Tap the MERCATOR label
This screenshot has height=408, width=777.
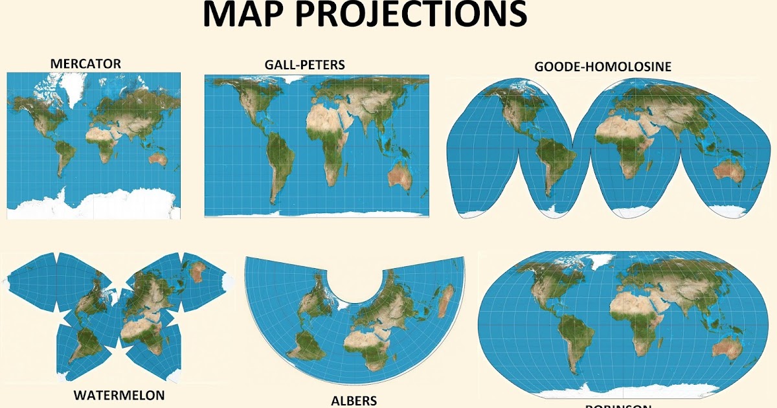click(85, 63)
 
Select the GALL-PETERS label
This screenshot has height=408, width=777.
click(304, 65)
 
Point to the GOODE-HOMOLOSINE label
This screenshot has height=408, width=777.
click(603, 67)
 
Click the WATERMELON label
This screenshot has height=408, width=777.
click(119, 394)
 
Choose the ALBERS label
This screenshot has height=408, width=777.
click(354, 400)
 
